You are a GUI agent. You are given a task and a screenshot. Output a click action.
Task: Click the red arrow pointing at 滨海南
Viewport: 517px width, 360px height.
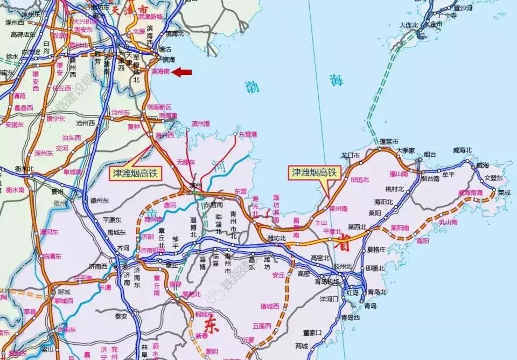[x=182, y=71]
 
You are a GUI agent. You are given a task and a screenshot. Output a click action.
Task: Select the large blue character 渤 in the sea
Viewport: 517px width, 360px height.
[x=251, y=86]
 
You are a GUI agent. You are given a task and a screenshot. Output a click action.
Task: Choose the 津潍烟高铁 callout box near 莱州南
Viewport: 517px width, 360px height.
[x=313, y=172]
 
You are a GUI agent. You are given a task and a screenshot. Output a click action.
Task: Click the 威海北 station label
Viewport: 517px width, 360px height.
[x=462, y=150]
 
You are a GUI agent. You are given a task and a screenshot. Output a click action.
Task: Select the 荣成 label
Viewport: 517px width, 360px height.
[x=504, y=192]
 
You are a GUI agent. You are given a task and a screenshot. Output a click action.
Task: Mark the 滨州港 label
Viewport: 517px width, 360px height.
[x=200, y=124]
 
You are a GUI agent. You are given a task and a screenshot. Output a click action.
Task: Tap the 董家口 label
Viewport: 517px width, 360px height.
[x=312, y=333]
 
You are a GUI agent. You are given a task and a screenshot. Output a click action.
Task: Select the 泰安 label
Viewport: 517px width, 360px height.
[x=120, y=316]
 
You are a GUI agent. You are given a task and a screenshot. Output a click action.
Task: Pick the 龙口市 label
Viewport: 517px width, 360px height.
[x=351, y=155]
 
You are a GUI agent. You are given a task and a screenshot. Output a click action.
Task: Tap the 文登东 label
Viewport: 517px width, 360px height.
[x=493, y=177]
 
